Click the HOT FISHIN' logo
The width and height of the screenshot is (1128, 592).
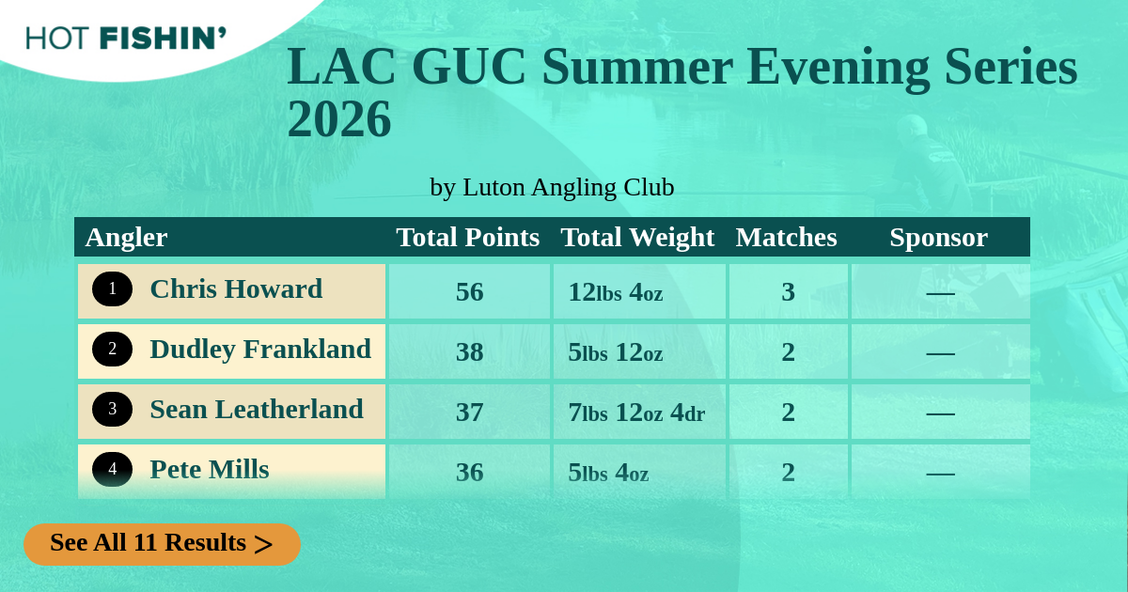coord(126,39)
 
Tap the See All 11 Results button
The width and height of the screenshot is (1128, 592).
coord(162,544)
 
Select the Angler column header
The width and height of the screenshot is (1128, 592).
coord(126,238)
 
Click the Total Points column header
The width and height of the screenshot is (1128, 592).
coord(468,237)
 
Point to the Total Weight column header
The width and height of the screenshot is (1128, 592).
coord(637,238)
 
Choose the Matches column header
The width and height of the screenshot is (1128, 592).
coord(786,237)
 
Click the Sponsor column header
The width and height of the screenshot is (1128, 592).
coord(939,238)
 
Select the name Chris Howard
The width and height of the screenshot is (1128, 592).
coord(236,289)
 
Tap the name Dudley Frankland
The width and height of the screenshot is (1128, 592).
coord(260,350)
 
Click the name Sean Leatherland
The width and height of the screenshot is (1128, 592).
coord(257,410)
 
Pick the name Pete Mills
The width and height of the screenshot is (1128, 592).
coord(210,469)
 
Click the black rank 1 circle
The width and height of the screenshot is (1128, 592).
coord(112,289)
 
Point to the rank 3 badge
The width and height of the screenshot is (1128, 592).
coord(112,410)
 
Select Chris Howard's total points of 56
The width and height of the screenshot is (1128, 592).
coord(469,292)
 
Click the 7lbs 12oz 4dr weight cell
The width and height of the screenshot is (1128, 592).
coord(636,413)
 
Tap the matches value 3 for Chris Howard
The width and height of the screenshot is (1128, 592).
coord(788,292)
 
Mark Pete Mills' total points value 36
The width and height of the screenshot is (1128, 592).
coord(469,472)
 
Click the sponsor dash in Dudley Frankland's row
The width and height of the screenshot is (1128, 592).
coord(940,354)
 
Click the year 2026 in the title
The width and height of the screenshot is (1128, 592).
coord(339,119)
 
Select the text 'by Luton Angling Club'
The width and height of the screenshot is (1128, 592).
coord(552,187)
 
